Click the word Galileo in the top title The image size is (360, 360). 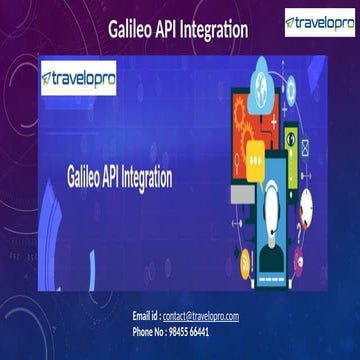coord(132,31)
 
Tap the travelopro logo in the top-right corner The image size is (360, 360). coord(319,22)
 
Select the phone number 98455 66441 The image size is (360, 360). coord(188,330)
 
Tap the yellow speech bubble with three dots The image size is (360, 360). coord(254,153)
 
